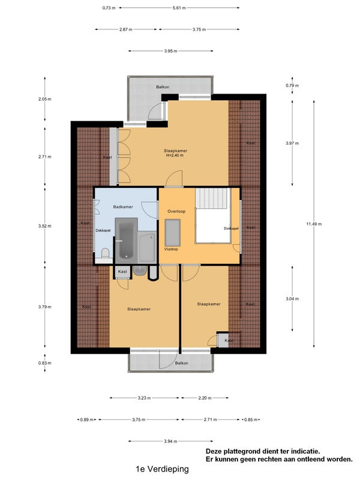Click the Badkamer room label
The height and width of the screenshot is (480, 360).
123,207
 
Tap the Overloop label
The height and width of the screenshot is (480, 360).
176,211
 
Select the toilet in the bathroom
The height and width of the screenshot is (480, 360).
106,254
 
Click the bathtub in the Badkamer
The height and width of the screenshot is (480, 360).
126,241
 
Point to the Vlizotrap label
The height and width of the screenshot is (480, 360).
171,249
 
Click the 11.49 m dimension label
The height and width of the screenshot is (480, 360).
314,224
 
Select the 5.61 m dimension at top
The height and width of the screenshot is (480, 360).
179,8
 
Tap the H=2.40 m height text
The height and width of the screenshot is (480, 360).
175,155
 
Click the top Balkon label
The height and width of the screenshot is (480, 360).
163,87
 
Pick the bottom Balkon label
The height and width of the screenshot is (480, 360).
182,363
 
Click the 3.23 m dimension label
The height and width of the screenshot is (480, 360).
144,398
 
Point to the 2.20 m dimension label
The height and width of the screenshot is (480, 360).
205,398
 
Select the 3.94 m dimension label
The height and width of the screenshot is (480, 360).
170,442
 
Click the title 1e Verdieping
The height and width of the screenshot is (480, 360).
162,469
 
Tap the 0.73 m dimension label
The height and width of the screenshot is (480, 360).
109,8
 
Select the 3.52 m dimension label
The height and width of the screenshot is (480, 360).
44,226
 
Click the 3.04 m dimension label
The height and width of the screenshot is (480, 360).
292,299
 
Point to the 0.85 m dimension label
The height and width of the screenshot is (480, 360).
251,419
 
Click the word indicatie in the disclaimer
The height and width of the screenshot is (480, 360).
305,451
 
